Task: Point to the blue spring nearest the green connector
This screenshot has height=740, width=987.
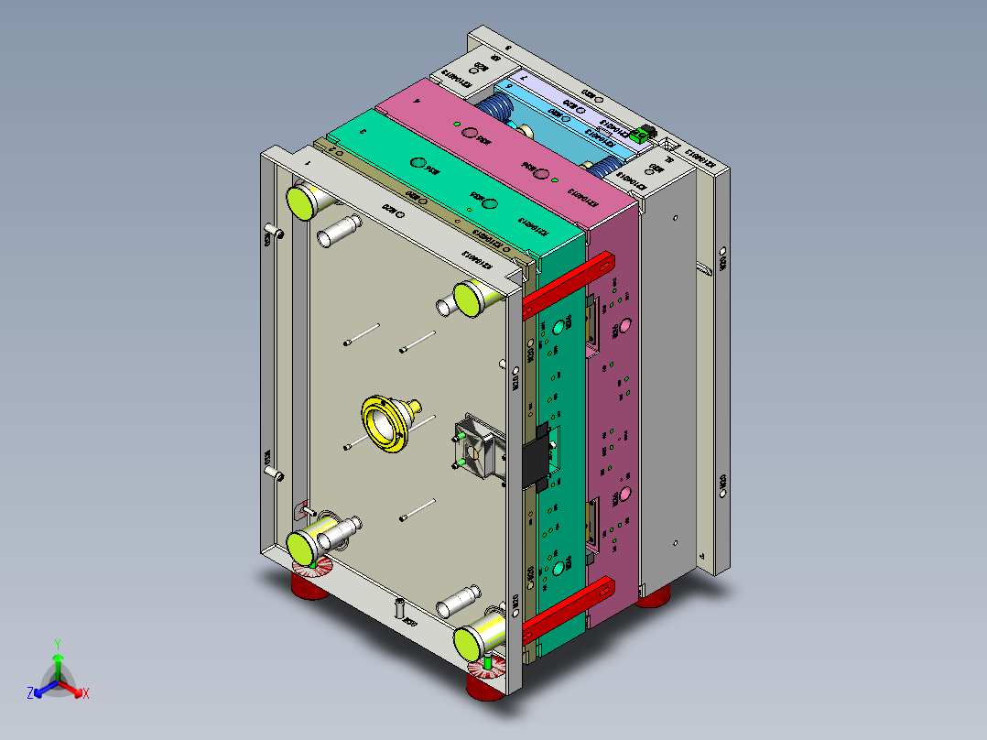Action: coord(601,168)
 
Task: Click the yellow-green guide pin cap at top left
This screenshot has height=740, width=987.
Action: coord(301,201)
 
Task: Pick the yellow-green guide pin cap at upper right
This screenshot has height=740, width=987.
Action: coord(470,298)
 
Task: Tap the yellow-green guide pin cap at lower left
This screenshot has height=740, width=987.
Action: coord(303,546)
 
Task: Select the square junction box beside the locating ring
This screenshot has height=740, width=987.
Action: coord(477,449)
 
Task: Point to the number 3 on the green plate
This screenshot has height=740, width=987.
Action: coord(363,132)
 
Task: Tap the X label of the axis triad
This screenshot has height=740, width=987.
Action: coord(86,694)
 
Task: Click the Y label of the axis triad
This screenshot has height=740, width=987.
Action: coord(57,644)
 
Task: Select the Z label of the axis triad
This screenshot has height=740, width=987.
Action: coord(30,694)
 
